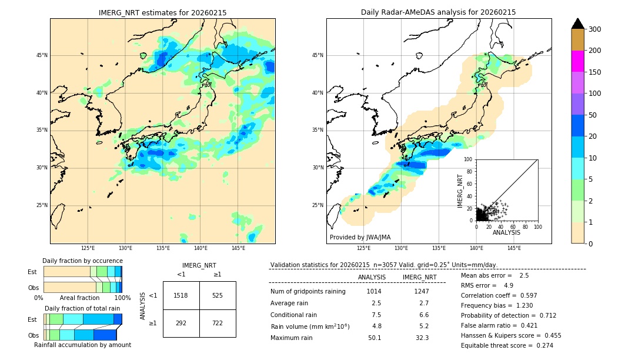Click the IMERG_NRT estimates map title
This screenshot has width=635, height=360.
(162, 12)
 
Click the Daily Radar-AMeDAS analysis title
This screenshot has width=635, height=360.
(438, 12)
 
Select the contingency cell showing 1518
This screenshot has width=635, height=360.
(181, 295)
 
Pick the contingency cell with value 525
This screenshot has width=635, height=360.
(218, 295)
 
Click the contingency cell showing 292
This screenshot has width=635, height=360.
(181, 323)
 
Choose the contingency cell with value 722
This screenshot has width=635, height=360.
(218, 323)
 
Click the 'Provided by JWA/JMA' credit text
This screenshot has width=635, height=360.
(360, 238)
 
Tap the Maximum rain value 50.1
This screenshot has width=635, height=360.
(374, 338)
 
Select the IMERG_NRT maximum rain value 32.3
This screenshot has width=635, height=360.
(422, 338)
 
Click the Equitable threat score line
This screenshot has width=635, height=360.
(507, 345)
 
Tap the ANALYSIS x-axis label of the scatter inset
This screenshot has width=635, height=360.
(506, 232)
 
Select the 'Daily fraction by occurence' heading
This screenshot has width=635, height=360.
(82, 261)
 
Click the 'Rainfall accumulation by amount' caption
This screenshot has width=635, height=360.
(82, 345)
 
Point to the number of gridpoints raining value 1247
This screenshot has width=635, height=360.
(422, 291)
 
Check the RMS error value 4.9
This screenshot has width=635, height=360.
(509, 285)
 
